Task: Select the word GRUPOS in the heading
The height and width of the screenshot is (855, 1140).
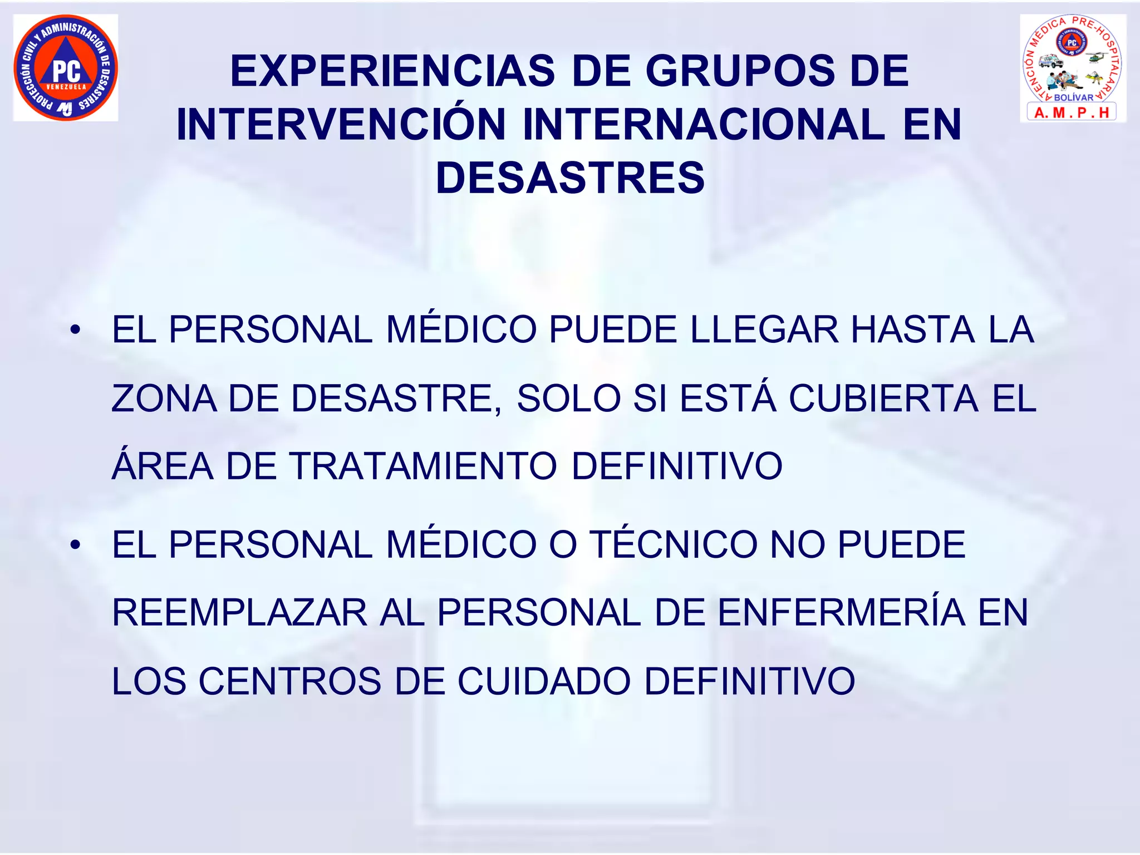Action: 740,71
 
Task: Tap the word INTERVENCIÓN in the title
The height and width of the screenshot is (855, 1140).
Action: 341,125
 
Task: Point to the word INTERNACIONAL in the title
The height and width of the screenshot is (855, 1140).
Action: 704,125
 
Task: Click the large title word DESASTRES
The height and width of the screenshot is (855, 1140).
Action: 570,178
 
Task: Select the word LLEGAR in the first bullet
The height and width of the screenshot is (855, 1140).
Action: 764,330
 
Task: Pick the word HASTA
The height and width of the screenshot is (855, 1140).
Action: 913,330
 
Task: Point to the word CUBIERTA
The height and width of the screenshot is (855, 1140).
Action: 883,399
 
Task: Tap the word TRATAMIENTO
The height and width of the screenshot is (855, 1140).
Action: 423,466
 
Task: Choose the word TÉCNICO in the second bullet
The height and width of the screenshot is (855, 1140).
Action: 673,544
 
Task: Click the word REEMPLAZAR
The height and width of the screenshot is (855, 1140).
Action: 239,613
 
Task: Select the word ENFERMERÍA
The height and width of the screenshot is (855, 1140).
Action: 841,613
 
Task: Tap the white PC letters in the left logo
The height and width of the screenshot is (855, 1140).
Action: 66,71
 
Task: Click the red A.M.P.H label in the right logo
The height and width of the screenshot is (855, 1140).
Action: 1072,113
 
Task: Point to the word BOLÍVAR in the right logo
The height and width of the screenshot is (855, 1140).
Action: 1073,97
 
